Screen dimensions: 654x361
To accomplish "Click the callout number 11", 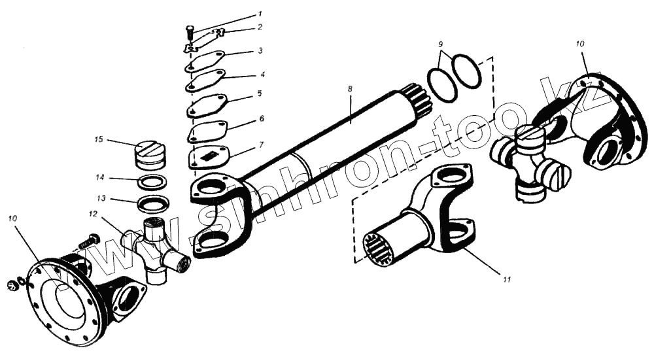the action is click(x=506, y=279).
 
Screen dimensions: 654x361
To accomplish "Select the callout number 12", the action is click(x=94, y=214).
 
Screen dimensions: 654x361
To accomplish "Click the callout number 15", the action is click(x=99, y=139).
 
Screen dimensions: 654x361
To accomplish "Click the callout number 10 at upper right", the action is click(x=579, y=43).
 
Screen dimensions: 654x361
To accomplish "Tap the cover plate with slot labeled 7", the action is click(x=209, y=158).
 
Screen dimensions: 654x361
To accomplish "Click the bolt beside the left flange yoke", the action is click(x=89, y=241).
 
